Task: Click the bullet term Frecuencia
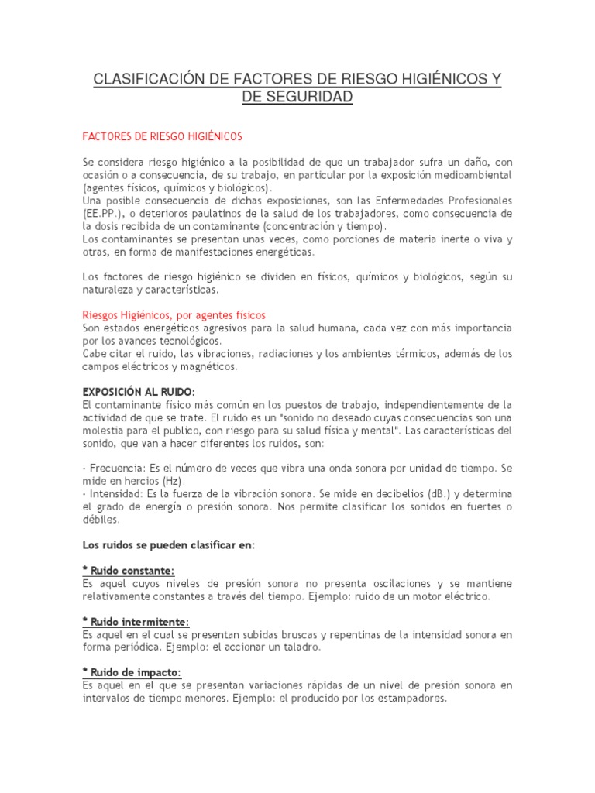click(x=115, y=469)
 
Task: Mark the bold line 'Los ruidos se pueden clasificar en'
click(x=168, y=545)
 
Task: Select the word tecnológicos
click(x=185, y=341)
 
